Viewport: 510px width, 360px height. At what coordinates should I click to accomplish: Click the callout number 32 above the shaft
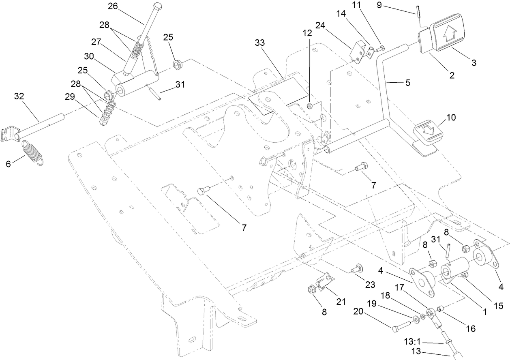click(x=19, y=96)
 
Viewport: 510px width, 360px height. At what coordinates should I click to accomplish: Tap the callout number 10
click(x=451, y=118)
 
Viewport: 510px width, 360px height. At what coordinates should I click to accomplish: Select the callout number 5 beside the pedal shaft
click(x=408, y=83)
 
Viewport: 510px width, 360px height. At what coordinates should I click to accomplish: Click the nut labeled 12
click(x=309, y=106)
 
